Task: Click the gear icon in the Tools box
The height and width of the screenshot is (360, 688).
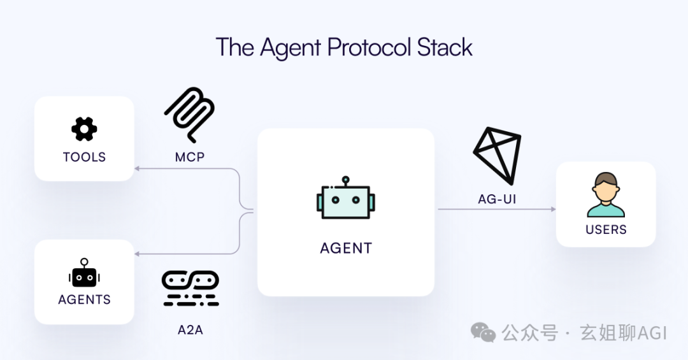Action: point(84,129)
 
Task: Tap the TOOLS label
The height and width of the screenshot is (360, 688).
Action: point(84,157)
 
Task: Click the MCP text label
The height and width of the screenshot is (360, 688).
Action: point(189,157)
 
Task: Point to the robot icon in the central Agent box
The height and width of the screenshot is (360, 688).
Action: point(345,199)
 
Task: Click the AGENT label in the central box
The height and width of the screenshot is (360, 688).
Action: point(345,248)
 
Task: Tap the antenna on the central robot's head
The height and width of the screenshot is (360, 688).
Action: point(345,181)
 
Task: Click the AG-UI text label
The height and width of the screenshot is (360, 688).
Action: point(497,199)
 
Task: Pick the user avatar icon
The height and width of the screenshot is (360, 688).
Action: point(605,195)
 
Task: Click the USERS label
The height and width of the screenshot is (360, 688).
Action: point(606,229)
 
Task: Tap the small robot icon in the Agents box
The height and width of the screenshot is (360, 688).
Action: point(84,273)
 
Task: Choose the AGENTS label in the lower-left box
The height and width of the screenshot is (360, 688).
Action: point(84,299)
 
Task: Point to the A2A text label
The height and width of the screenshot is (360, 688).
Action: point(190,330)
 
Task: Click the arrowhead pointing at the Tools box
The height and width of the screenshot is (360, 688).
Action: point(136,168)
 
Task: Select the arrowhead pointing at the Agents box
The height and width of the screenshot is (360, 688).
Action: point(136,254)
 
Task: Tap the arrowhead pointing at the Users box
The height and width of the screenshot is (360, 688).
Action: point(552,209)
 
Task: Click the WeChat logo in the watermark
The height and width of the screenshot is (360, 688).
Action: point(483,332)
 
